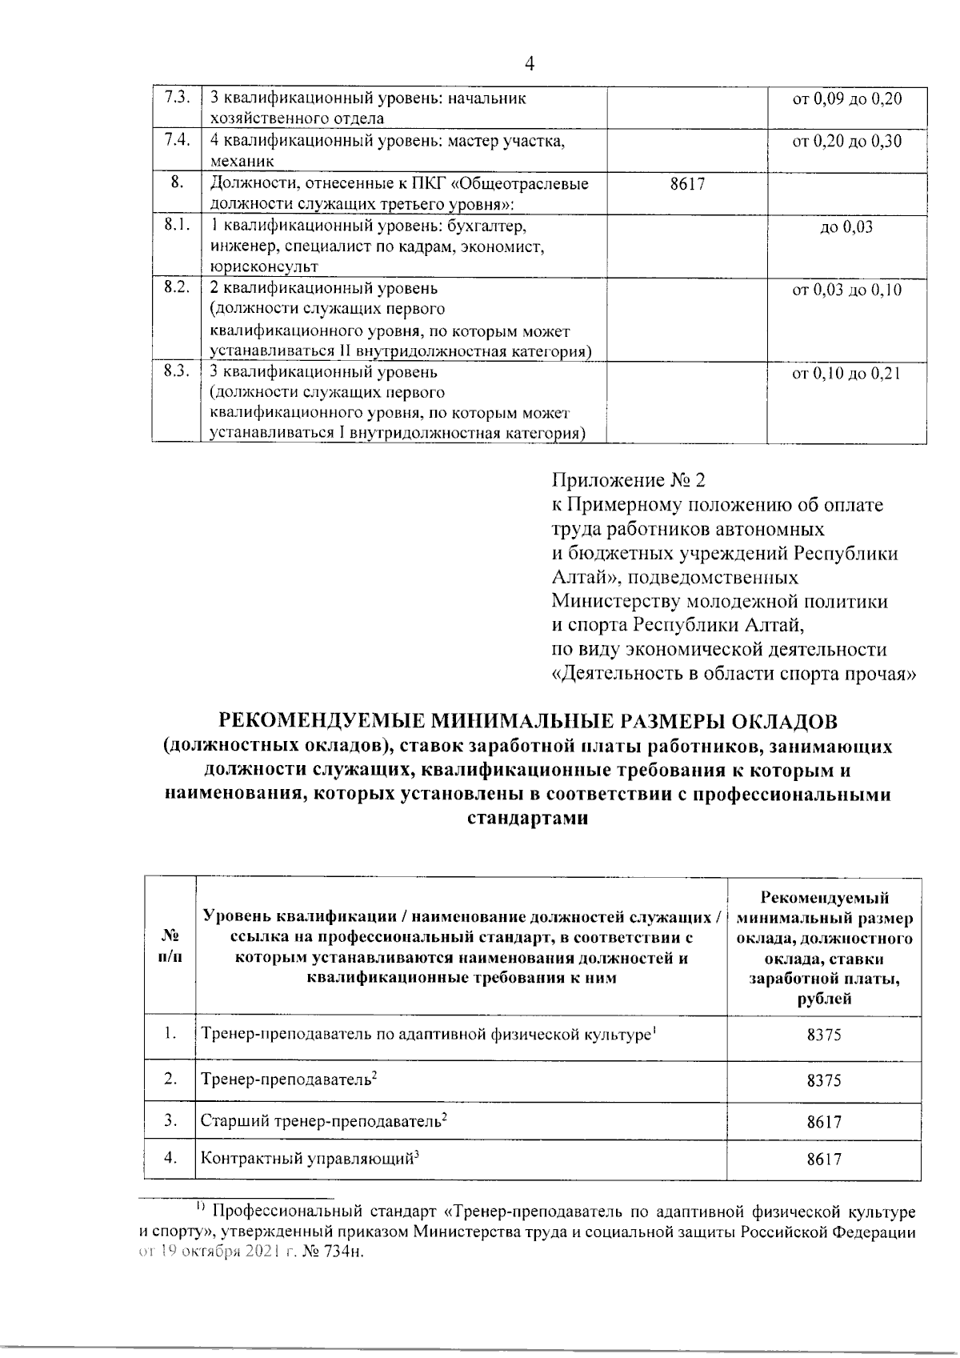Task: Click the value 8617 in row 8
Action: [x=687, y=184]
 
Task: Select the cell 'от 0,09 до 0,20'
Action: [x=846, y=99]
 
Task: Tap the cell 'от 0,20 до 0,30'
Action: [x=846, y=142]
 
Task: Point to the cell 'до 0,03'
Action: [x=846, y=227]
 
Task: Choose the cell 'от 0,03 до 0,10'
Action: [x=846, y=290]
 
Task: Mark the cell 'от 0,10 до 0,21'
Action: [x=846, y=373]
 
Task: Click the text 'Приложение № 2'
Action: [x=630, y=481]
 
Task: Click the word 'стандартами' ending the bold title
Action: [x=527, y=819]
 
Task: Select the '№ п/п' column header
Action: [x=170, y=946]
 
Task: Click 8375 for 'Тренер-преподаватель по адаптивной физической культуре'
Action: [x=823, y=1035]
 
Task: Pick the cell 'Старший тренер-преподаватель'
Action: [x=323, y=1121]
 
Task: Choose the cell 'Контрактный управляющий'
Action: [x=310, y=1158]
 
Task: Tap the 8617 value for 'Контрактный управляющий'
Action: [x=823, y=1159]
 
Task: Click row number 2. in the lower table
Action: [x=170, y=1079]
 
